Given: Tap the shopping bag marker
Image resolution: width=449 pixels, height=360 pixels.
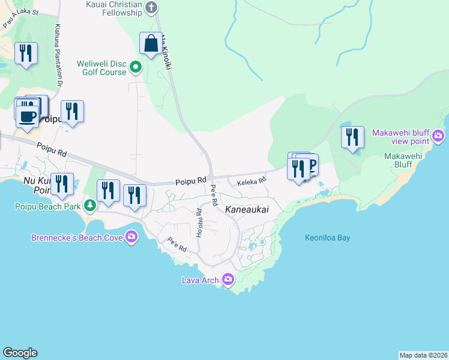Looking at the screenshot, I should tap(151, 44).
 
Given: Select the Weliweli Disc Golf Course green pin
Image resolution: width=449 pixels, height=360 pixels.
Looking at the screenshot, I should tap(136, 67).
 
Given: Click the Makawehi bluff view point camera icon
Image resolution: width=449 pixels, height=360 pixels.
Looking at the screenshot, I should tap(438, 136).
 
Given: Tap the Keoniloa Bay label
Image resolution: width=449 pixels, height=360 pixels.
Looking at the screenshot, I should tap(327, 238).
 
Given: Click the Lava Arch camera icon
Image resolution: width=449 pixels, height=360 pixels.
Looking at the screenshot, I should tap(228, 279).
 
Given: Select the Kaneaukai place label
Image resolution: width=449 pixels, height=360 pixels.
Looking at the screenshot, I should tap(246, 209).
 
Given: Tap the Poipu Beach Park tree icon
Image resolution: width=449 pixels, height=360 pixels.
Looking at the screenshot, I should tap(90, 206).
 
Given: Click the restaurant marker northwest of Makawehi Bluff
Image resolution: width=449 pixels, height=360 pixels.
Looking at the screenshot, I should tap(352, 137).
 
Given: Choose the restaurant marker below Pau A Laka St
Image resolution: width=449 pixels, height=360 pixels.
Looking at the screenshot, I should tap(25, 54).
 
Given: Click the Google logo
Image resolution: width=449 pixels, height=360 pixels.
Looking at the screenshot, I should tap(20, 353).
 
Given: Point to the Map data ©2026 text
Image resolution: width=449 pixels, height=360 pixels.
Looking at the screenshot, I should tap(423, 355).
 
